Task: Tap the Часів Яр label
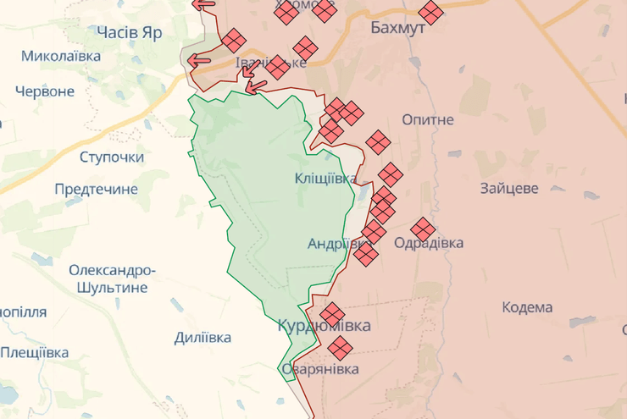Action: click(x=129, y=31)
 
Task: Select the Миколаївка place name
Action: click(x=61, y=56)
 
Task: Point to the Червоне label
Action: click(x=45, y=91)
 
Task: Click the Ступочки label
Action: click(x=112, y=157)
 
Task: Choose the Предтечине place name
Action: click(x=96, y=189)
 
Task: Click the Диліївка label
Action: click(x=203, y=338)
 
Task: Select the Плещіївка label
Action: click(x=35, y=352)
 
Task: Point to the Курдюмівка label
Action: click(x=324, y=326)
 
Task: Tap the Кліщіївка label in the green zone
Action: click(x=325, y=178)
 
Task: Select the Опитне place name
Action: click(x=428, y=120)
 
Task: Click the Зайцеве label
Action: click(x=508, y=189)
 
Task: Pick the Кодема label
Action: click(x=526, y=307)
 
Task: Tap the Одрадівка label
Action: click(x=429, y=244)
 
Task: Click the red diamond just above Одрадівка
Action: click(x=422, y=228)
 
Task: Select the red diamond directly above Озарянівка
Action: click(x=340, y=346)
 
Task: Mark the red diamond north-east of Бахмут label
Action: click(x=431, y=12)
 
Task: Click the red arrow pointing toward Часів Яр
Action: click(x=199, y=59)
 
